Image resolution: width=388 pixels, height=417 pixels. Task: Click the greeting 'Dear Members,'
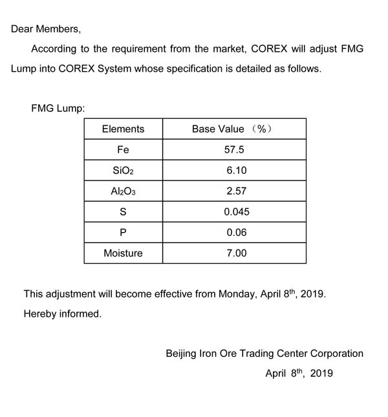point(46,29)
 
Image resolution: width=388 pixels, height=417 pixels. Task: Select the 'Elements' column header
point(123,129)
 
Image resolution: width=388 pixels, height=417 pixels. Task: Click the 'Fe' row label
point(123,149)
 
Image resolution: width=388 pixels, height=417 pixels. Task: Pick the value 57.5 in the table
point(234,149)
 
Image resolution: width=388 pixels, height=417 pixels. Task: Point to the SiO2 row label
point(123,171)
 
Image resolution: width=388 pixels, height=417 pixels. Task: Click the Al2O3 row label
point(123,191)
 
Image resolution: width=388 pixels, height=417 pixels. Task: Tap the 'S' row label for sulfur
point(123,212)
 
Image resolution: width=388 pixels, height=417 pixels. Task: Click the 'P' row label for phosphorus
point(123,233)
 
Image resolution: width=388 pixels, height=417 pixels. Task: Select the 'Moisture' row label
point(123,253)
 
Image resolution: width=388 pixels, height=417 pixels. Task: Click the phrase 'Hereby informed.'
point(63,314)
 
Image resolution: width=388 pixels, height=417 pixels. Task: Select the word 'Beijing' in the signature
point(184,354)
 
